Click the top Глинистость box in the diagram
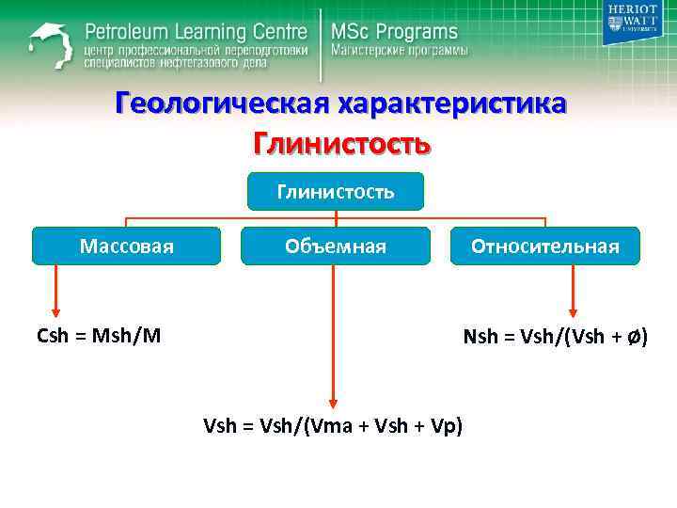click(336, 192)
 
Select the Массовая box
click(127, 246)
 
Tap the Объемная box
click(336, 246)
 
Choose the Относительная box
click(544, 246)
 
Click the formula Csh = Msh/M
click(99, 336)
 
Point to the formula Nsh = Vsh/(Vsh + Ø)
click(555, 336)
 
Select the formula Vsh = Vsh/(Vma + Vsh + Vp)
click(334, 425)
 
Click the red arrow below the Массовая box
click(55, 292)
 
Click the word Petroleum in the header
click(133, 30)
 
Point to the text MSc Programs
click(394, 32)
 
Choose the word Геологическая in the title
click(220, 103)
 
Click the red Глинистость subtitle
click(340, 144)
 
